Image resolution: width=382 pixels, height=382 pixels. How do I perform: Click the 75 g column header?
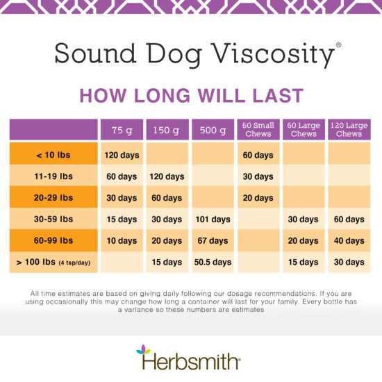coord(122,130)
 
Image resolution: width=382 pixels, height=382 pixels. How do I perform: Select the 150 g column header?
coord(167,130)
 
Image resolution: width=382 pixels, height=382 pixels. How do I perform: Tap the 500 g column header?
coord(212,130)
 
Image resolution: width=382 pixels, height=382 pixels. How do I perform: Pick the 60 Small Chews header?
coord(258,129)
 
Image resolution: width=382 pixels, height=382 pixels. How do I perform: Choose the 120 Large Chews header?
coord(349,129)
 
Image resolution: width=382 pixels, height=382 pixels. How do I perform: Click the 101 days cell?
coord(212,219)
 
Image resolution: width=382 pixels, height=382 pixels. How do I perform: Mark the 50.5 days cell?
coord(212,263)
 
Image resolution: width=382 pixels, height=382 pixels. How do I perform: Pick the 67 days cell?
coord(212,241)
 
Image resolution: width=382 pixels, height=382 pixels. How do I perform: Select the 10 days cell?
coord(122,241)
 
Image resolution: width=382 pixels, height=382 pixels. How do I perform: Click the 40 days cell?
coord(349,241)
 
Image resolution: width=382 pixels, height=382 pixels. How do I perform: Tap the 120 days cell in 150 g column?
coord(167,176)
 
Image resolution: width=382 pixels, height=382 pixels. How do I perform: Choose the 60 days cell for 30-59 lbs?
coord(349,219)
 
